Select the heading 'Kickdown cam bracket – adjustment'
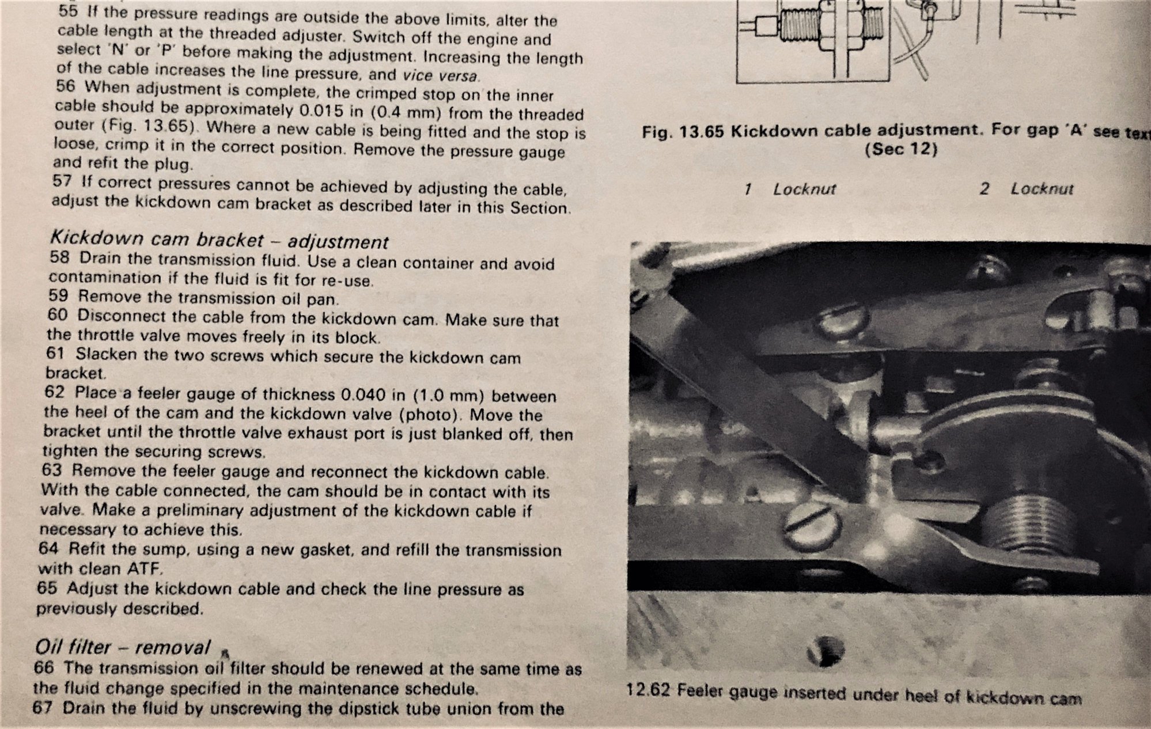click(219, 241)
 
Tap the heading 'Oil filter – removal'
click(122, 647)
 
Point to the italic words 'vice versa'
click(441, 75)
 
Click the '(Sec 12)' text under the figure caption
click(900, 150)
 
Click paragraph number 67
click(43, 708)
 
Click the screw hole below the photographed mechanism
click(827, 649)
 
